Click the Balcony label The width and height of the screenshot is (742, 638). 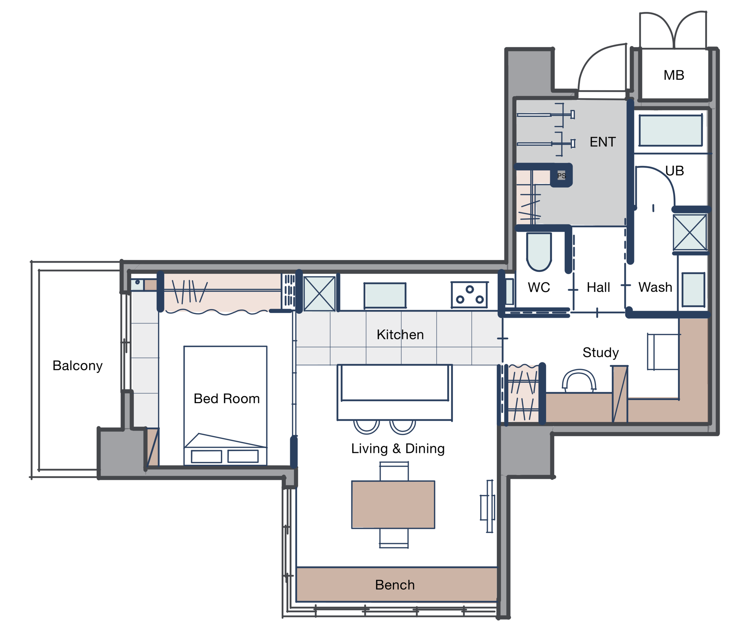pos(78,366)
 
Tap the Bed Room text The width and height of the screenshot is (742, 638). pos(227,399)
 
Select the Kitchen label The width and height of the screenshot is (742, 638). pos(400,335)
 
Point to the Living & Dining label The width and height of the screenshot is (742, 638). pos(398,448)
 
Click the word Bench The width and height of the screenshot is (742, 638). pos(395,585)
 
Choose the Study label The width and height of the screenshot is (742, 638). pos(601,353)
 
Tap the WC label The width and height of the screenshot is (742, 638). pos(539,287)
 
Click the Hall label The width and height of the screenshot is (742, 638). pos(598,287)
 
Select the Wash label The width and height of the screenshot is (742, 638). pos(655,287)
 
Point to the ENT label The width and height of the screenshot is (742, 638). pos(603,142)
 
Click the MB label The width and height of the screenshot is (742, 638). pos(674,75)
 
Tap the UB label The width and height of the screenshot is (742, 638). pos(674,171)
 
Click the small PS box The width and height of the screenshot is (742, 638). pos(561,175)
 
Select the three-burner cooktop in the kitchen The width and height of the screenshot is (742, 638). pos(469,295)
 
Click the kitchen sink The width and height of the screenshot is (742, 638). pos(385,296)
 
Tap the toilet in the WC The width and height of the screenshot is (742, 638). pos(539,252)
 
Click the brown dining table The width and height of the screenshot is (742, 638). pos(393,504)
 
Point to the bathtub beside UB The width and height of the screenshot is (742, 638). pos(670,130)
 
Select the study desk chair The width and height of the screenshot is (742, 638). pos(579,380)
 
